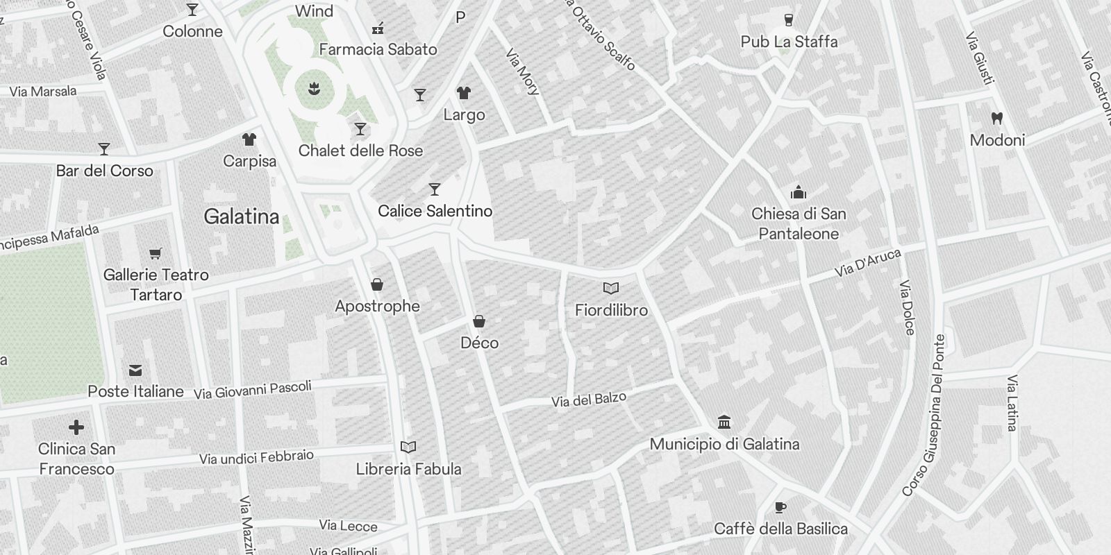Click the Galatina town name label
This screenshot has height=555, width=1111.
click(242, 216)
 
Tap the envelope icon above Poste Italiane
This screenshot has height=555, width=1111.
click(135, 371)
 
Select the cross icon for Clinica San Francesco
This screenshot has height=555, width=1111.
click(76, 427)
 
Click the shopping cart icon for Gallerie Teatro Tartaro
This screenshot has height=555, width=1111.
click(156, 255)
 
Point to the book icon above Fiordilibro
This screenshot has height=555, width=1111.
click(611, 288)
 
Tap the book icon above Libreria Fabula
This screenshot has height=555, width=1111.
click(408, 447)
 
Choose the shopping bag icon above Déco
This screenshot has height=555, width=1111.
click(479, 321)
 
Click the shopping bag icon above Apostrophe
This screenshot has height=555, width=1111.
click(377, 284)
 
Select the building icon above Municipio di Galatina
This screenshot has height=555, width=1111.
click(724, 422)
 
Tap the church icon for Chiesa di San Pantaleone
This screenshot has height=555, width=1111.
click(799, 192)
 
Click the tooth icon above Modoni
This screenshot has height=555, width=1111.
click(997, 119)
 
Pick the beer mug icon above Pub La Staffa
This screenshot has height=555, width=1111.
click(789, 20)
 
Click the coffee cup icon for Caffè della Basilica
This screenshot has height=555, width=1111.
click(780, 507)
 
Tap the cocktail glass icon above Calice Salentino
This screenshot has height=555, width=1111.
click(435, 189)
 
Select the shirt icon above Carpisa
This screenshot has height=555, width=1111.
click(249, 139)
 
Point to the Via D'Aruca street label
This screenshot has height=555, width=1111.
click(868, 264)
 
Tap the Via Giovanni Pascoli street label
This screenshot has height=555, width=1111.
click(253, 391)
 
